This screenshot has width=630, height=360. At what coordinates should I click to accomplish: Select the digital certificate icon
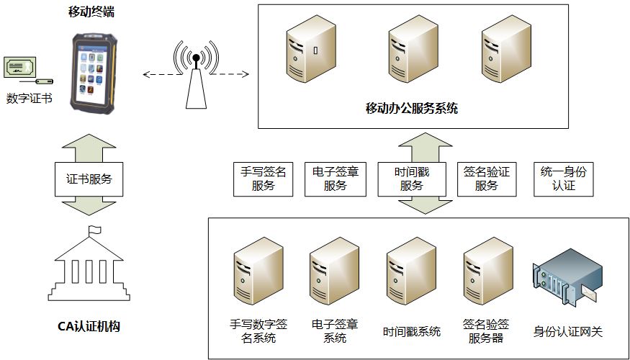pos(22,71)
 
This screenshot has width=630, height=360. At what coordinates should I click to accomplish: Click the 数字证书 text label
pos(29,99)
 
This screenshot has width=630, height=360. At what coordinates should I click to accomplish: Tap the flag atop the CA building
pos(94,231)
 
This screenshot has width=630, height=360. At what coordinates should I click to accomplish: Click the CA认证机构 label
pos(89,327)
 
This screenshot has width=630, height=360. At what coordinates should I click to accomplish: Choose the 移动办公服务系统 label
pos(411,109)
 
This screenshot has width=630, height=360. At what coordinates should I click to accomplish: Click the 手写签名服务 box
pos(264,179)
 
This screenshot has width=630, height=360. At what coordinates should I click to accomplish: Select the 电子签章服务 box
pos(336,179)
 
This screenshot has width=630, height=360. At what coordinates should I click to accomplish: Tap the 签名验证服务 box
pos(486,179)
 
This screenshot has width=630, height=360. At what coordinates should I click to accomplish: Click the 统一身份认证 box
pos(564,179)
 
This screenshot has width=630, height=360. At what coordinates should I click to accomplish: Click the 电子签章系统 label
pos(335,330)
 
